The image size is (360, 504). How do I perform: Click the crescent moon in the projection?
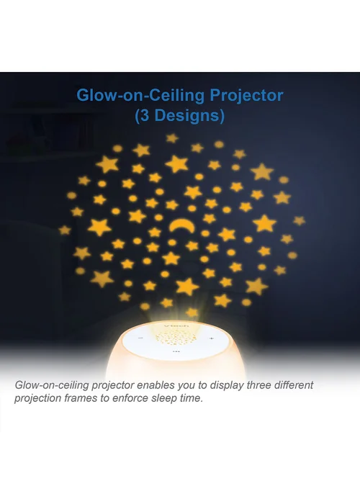coord(182,224)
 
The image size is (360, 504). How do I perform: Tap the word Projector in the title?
coord(246,96)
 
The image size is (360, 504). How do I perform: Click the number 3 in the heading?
coord(145,115)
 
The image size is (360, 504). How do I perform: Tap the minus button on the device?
coord(140,338)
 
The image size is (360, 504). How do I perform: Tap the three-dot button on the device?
coord(176,351)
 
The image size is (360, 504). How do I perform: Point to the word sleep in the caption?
coord(163,399)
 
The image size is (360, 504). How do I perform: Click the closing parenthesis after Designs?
coord(222,116)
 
